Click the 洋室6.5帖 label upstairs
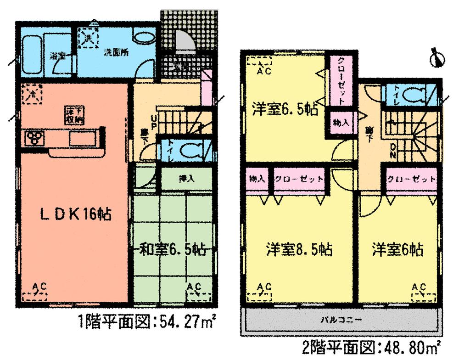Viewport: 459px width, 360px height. [x=285, y=111]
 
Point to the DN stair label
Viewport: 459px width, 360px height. [x=393, y=152]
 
